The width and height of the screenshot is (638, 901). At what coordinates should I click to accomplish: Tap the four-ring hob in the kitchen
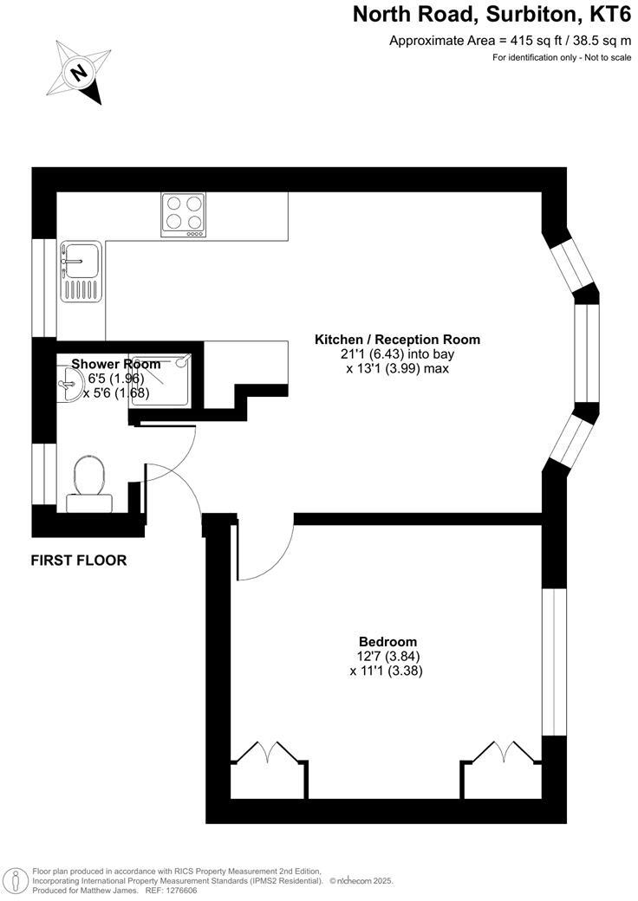[x=183, y=214]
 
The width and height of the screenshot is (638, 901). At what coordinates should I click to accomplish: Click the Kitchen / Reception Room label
[x=397, y=340]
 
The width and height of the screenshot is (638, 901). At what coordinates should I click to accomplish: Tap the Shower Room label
[x=115, y=364]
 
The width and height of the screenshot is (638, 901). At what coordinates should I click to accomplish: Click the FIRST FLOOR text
[x=79, y=561]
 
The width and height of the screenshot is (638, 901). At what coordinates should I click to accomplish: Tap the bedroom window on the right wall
[x=554, y=663]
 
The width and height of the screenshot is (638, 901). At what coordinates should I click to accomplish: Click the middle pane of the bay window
[x=587, y=355]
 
